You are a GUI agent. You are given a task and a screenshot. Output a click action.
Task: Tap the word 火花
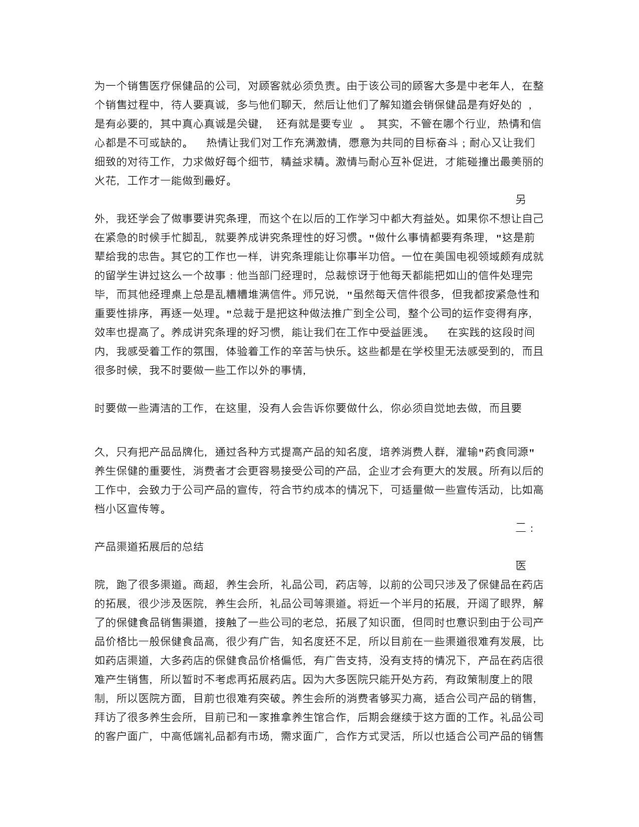tap(105, 180)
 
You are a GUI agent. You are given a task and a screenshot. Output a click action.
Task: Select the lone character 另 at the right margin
tap(521, 199)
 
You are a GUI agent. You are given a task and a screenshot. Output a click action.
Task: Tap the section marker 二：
tap(525, 528)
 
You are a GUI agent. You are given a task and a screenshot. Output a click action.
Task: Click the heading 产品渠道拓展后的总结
tap(149, 547)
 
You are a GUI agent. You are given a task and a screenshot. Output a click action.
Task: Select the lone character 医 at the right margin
tap(521, 566)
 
